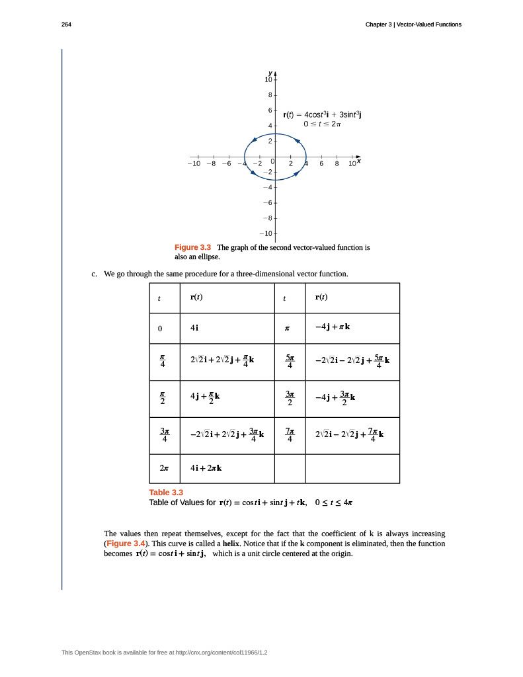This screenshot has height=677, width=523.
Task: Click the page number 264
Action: pyautogui.click(x=65, y=24)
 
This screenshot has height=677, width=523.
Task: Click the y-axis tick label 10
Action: pyautogui.click(x=268, y=79)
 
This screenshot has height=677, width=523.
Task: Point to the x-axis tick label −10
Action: pyautogui.click(x=194, y=164)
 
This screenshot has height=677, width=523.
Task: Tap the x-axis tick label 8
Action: pyautogui.click(x=337, y=164)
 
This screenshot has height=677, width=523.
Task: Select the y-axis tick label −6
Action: pyautogui.click(x=266, y=202)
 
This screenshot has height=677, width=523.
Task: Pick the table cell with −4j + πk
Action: pyautogui.click(x=333, y=327)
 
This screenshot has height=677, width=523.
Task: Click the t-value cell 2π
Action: pyautogui.click(x=164, y=467)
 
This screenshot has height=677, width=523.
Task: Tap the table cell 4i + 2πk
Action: pyautogui.click(x=206, y=467)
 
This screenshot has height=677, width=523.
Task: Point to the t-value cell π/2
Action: pyautogui.click(x=164, y=398)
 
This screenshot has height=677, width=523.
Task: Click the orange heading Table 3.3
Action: pyautogui.click(x=166, y=492)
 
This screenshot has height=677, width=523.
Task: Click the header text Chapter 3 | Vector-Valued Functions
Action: pyautogui.click(x=413, y=24)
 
